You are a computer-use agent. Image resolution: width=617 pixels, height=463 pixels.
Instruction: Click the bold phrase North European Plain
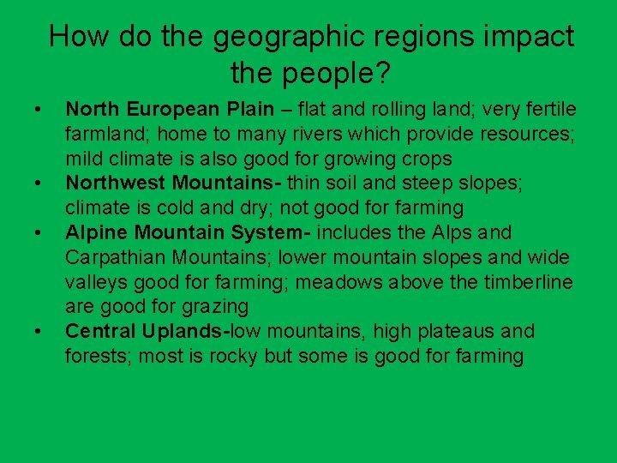pos(171,110)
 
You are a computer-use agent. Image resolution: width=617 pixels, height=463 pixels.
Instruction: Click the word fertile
pos(552,110)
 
